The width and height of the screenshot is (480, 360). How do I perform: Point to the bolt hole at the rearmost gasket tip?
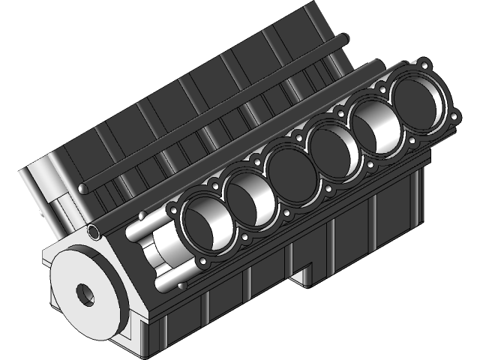pos(427,63)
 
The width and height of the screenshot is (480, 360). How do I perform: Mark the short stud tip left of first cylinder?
pos(141,216)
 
